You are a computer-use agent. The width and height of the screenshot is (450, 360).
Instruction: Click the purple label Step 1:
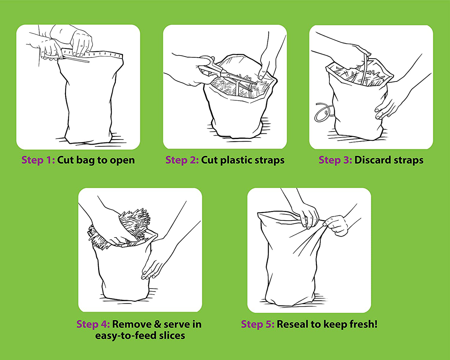tap(38, 160)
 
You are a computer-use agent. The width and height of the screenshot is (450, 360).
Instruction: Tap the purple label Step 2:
tap(182, 160)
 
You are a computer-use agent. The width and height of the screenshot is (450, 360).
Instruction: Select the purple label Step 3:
tap(335, 160)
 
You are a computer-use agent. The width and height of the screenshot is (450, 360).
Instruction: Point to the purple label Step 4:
tap(93, 324)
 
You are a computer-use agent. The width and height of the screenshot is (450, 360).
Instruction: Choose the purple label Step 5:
tap(258, 324)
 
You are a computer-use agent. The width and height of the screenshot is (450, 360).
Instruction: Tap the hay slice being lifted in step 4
tap(126, 228)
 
